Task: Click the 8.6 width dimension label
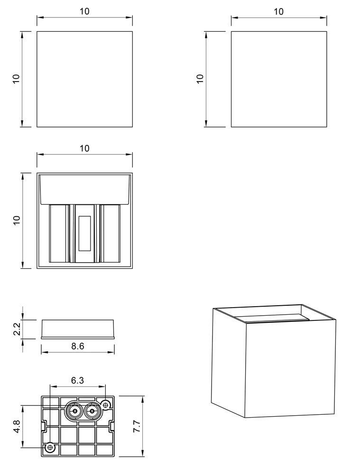78,346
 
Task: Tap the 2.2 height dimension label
17,329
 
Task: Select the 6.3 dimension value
77,380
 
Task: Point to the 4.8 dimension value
17,426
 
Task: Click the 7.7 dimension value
137,426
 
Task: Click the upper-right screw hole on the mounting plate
106,404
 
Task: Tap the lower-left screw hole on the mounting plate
50,447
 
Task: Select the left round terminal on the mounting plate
74,411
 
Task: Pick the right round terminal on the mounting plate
91,411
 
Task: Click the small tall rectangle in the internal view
85,233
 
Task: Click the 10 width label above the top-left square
84,11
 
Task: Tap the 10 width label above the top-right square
278,12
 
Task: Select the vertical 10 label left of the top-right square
200,79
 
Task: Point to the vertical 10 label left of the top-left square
16,79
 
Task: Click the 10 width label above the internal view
84,148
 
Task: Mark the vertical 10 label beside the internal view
16,220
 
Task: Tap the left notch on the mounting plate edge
43,426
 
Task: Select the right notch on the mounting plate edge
112,426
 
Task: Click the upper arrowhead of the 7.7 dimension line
142,399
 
